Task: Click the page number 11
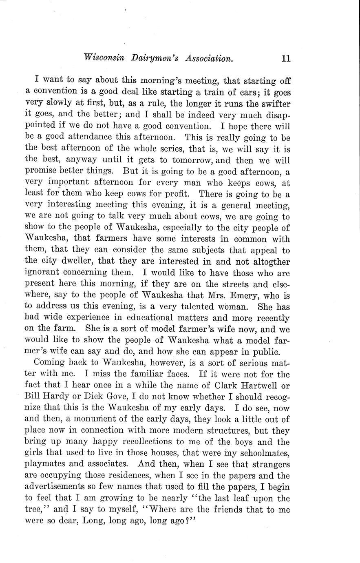click(x=285, y=58)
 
